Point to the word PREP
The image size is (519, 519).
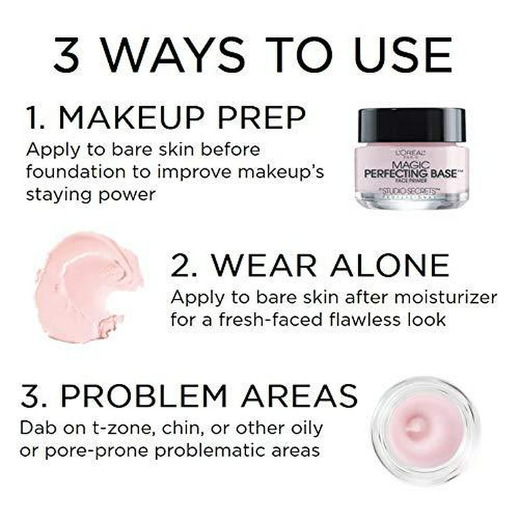click(267, 118)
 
